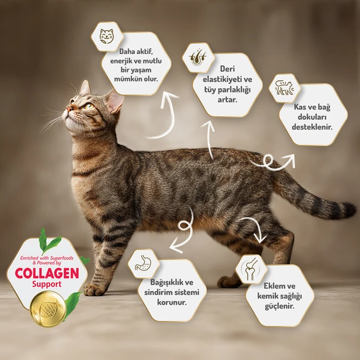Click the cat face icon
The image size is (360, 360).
(106, 36)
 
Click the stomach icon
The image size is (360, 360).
(144, 263)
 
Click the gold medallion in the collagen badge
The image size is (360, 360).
(49, 308)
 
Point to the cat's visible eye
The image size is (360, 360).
(89, 106)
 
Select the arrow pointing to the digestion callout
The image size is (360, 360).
(182, 234)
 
